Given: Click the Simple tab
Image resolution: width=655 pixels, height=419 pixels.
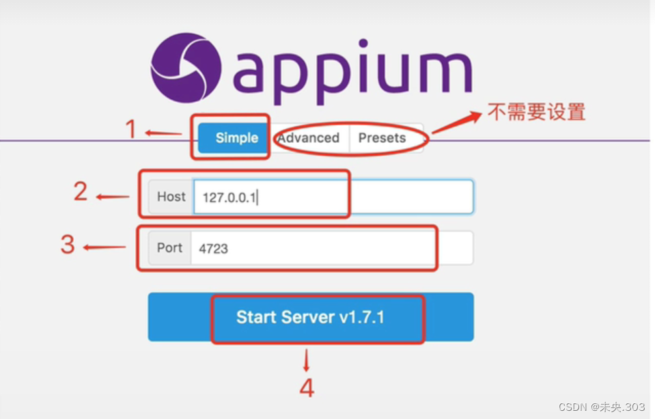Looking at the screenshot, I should coord(236,138).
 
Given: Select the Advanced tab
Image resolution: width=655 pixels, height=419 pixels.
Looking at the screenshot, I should coord(308,138).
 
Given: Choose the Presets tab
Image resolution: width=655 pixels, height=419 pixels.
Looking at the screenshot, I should coord(382,138).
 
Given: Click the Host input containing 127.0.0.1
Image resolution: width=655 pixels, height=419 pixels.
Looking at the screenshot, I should coord(333,197).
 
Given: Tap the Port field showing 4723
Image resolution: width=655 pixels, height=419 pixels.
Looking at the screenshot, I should coord(331,248).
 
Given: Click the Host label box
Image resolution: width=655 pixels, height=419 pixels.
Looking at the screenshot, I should coord(171,197).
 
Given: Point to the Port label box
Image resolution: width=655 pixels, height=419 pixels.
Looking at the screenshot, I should coord(169,248).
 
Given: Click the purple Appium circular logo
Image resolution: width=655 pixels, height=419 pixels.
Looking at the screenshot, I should coord(186,69).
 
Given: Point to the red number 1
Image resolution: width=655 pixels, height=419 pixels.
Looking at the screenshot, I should coord(133,129).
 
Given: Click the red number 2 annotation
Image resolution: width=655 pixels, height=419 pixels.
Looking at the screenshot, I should coord(81,192).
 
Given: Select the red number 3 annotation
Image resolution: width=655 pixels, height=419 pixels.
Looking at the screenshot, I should coord(67,244).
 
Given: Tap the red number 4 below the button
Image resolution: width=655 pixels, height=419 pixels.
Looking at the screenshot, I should coord(307,388).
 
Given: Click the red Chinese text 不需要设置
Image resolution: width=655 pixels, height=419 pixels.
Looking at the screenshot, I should coord(536,111).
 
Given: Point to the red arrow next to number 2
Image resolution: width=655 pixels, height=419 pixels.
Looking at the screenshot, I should coord(112,198).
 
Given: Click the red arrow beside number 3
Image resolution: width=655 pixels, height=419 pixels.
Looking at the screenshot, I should coord(104,247).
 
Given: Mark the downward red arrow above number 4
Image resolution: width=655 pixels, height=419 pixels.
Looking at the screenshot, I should coord(307,360).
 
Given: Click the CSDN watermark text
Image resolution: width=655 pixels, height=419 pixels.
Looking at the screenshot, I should coord(601,407).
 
